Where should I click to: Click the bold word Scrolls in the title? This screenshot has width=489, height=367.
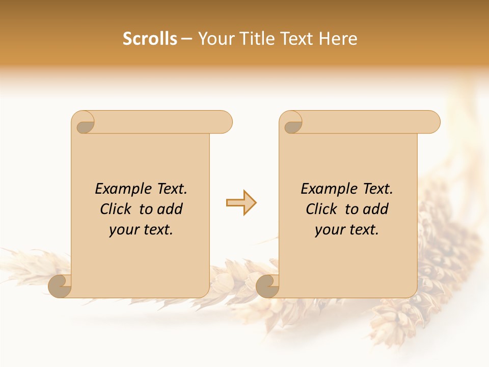click(150, 39)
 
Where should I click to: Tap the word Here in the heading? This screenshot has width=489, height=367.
click(338, 39)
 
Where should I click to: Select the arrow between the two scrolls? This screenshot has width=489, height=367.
click(241, 203)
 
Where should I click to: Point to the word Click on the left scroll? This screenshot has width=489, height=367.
click(116, 209)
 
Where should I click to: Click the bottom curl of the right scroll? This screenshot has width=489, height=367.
click(267, 286)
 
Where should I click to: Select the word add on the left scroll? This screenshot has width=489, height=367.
click(170, 209)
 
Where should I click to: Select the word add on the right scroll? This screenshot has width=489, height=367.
click(376, 209)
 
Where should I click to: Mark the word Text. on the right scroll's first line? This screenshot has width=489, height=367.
click(377, 189)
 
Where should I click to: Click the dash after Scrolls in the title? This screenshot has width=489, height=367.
click(187, 39)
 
